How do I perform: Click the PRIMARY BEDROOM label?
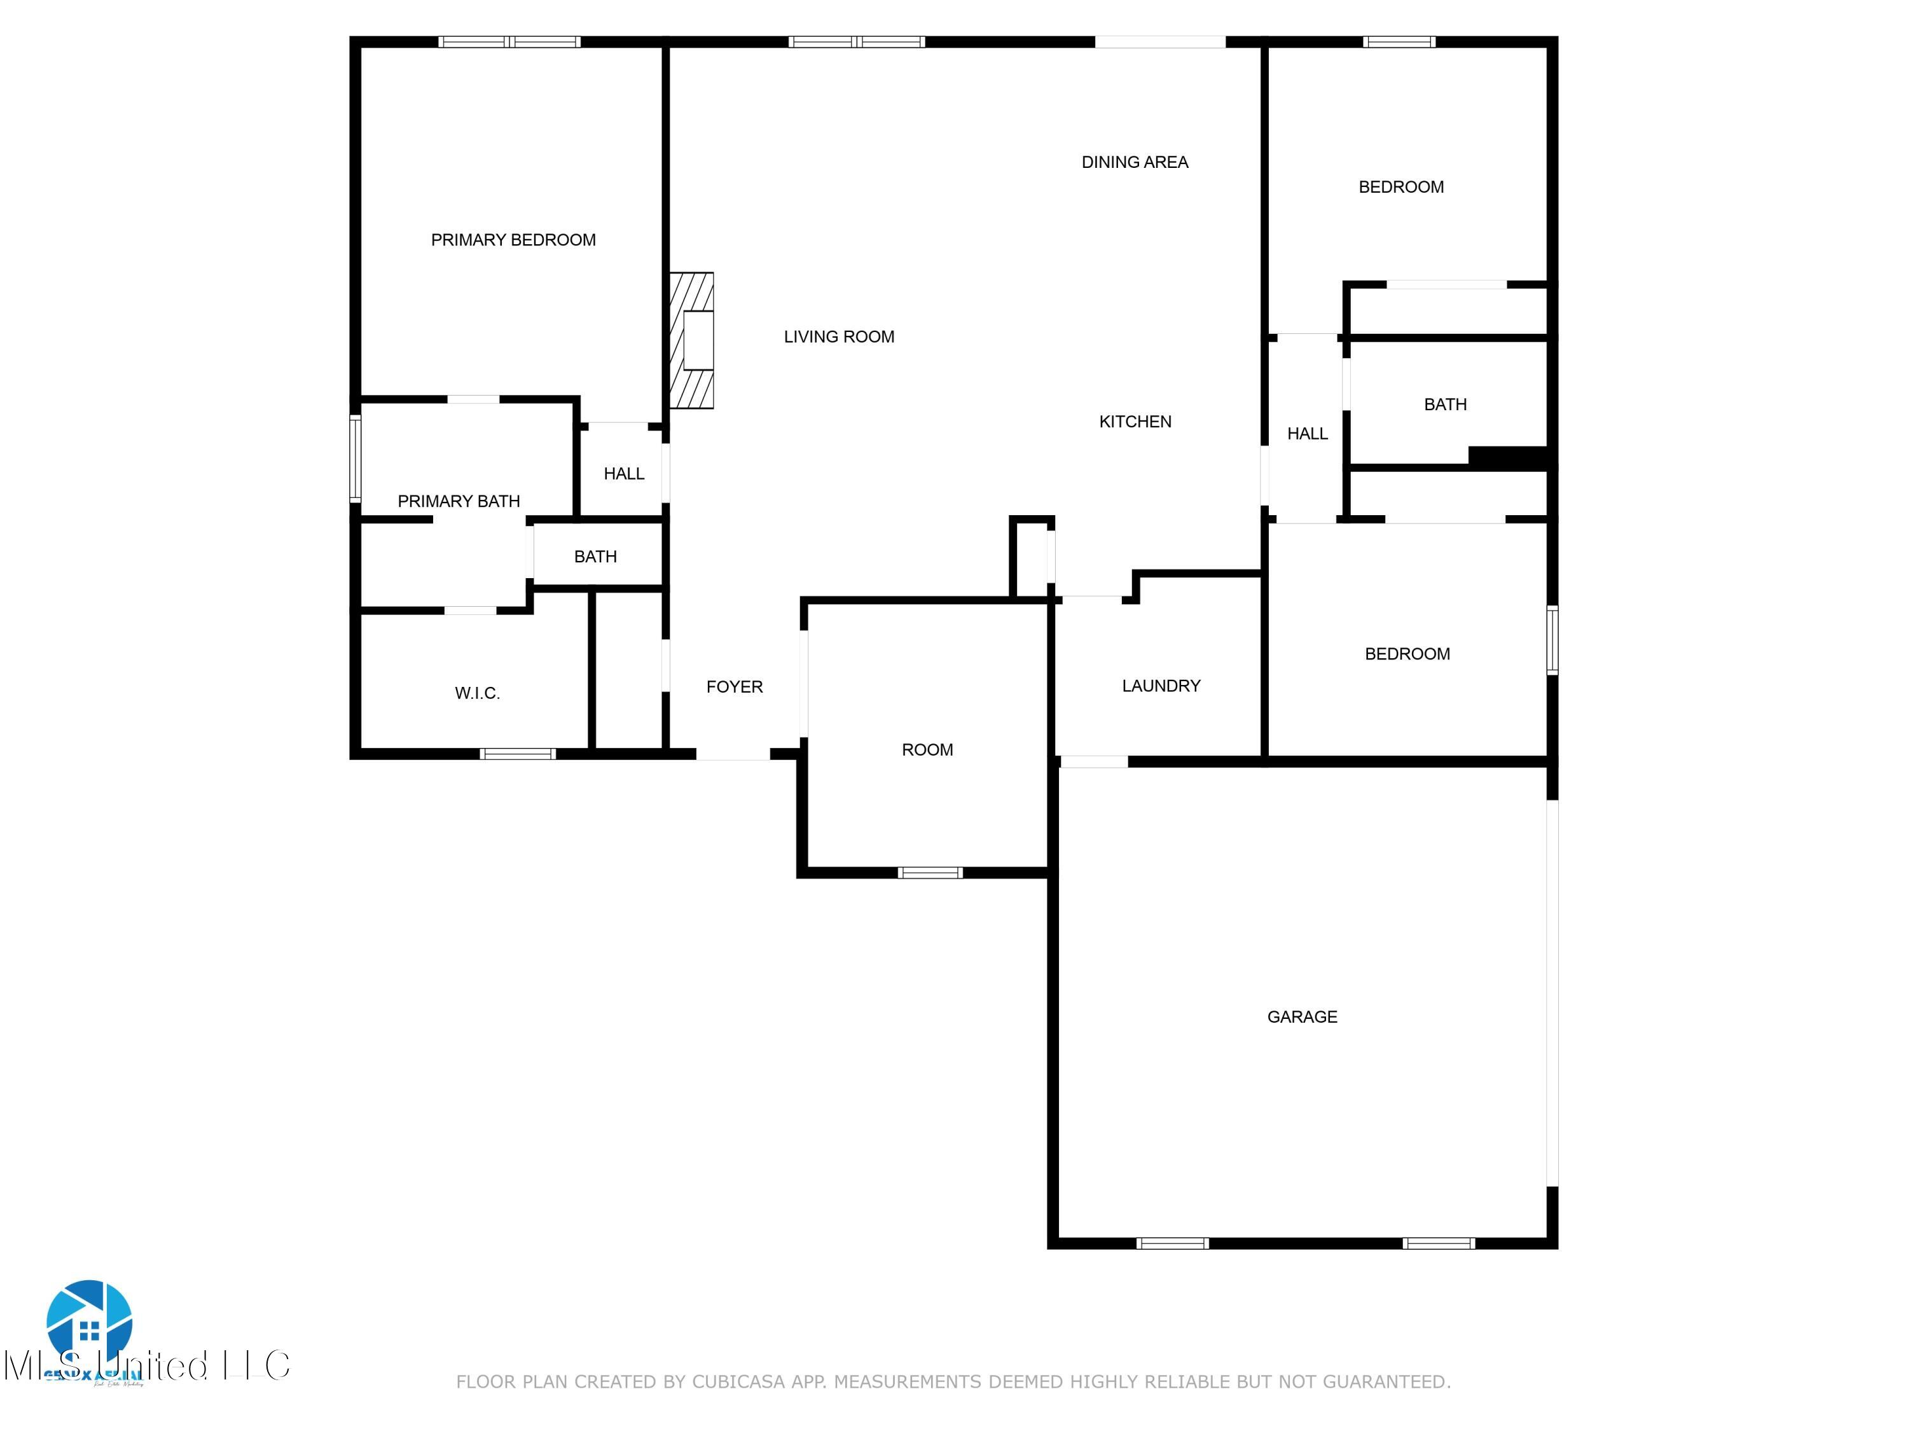(x=513, y=240)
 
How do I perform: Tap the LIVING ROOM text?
(x=838, y=337)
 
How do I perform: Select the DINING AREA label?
(x=1134, y=162)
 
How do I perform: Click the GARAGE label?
(x=1302, y=1017)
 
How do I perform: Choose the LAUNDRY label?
(x=1161, y=686)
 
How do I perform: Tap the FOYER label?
(x=734, y=687)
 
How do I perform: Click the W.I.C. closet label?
(x=477, y=693)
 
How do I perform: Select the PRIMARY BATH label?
(x=458, y=501)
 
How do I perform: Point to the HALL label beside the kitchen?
(x=1307, y=434)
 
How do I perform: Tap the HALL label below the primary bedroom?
(x=624, y=474)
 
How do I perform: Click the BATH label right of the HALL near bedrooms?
(x=1445, y=404)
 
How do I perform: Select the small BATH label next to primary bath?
(x=595, y=556)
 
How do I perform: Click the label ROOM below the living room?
(x=927, y=750)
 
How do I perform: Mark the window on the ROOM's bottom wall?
(x=930, y=873)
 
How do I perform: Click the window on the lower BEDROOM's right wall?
(x=1552, y=639)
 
